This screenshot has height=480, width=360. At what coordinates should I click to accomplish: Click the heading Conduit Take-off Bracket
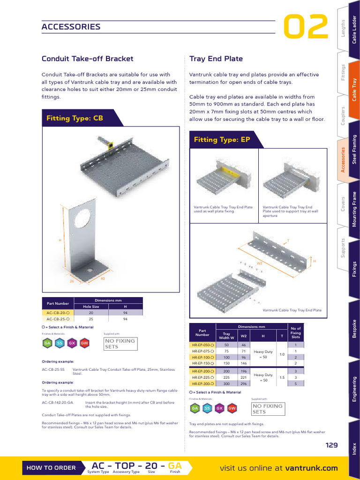pyautogui.click(x=87, y=59)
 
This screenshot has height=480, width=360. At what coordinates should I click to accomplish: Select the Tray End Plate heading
pyautogui.click(x=216, y=59)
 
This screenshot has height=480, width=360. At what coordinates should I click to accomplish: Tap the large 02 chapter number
pyautogui.click(x=306, y=28)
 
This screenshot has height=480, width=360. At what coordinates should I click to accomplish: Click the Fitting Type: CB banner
pyautogui.click(x=75, y=119)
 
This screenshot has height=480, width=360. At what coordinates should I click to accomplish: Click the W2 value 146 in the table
pyautogui.click(x=244, y=363)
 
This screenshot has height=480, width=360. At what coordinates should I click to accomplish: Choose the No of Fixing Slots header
pyautogui.click(x=296, y=333)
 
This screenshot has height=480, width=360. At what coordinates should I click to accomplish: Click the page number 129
pyautogui.click(x=332, y=445)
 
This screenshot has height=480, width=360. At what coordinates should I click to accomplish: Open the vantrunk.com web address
pyautogui.click(x=312, y=468)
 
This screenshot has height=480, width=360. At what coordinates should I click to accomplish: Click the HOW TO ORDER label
pyautogui.click(x=51, y=468)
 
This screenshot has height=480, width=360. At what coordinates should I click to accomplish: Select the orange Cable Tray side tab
pyautogui.click(x=354, y=91)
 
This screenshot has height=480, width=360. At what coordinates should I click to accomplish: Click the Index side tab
pyautogui.click(x=354, y=449)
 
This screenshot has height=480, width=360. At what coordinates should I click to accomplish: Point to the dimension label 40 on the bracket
pyautogui.click(x=103, y=279)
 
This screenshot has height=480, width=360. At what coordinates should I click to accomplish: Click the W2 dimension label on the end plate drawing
pyautogui.click(x=259, y=263)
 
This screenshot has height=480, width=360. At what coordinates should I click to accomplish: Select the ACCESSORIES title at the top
pyautogui.click(x=71, y=27)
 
